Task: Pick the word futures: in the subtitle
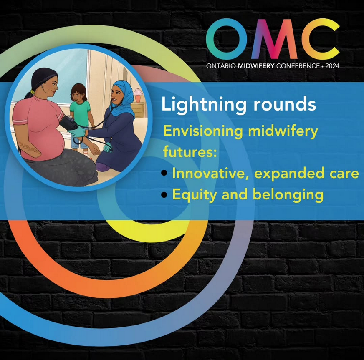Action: point(190,152)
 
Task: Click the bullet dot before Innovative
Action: point(165,174)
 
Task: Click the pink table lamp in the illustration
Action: point(137,94)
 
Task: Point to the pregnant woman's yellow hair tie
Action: point(32,91)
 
